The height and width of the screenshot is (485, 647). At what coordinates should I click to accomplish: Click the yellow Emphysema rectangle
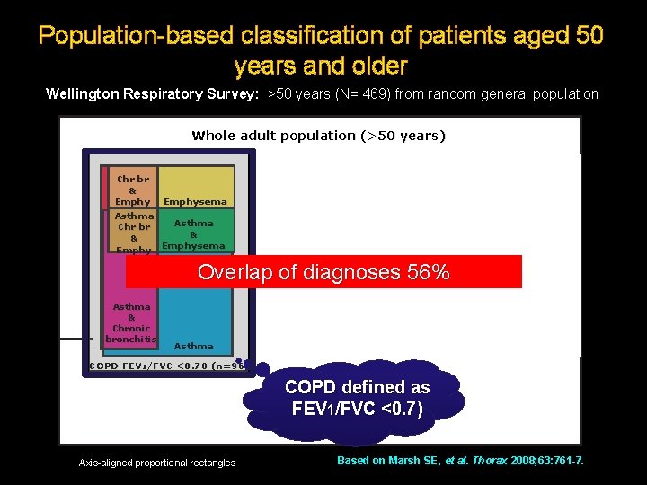coord(195,186)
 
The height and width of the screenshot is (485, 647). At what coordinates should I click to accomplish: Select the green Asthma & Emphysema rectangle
coord(194,231)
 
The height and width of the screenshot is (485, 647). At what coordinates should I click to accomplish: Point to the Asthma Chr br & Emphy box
coord(133,233)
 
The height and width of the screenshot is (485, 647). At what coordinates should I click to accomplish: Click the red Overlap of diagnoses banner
coord(323,272)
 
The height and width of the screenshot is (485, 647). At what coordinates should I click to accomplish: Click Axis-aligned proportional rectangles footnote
coord(156,463)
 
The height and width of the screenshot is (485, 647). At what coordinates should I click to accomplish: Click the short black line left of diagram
coord(76,339)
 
